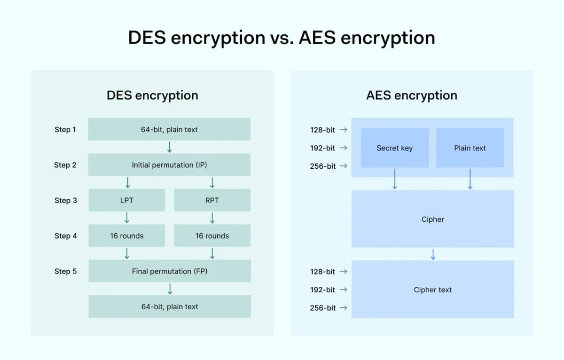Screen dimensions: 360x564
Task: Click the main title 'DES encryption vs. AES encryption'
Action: point(282,38)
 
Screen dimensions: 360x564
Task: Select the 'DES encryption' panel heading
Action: point(152,95)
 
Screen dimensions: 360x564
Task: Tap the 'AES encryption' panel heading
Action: point(411,95)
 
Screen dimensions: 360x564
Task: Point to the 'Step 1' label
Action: point(65,130)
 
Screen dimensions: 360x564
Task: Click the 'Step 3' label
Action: point(65,201)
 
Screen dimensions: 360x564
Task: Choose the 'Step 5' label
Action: point(65,272)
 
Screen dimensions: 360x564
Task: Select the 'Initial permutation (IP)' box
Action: point(169,165)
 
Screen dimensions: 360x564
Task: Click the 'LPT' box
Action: point(126,200)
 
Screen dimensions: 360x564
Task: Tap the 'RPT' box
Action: point(212,200)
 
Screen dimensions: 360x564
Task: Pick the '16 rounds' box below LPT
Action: point(126,236)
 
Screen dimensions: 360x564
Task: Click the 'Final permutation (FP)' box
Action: point(169,271)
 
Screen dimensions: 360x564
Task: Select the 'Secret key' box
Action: point(394,148)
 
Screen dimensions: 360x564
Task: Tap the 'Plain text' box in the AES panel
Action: point(470,148)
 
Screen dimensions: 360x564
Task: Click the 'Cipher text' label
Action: point(432,290)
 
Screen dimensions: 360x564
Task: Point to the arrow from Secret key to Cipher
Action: point(394,179)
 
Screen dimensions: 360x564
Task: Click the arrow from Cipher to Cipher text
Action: point(433,254)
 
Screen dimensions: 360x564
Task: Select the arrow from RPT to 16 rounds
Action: point(212,218)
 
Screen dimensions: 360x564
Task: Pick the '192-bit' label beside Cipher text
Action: point(322,290)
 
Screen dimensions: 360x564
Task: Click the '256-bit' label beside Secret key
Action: point(322,166)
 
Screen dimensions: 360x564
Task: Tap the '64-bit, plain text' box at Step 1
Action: point(169,129)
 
